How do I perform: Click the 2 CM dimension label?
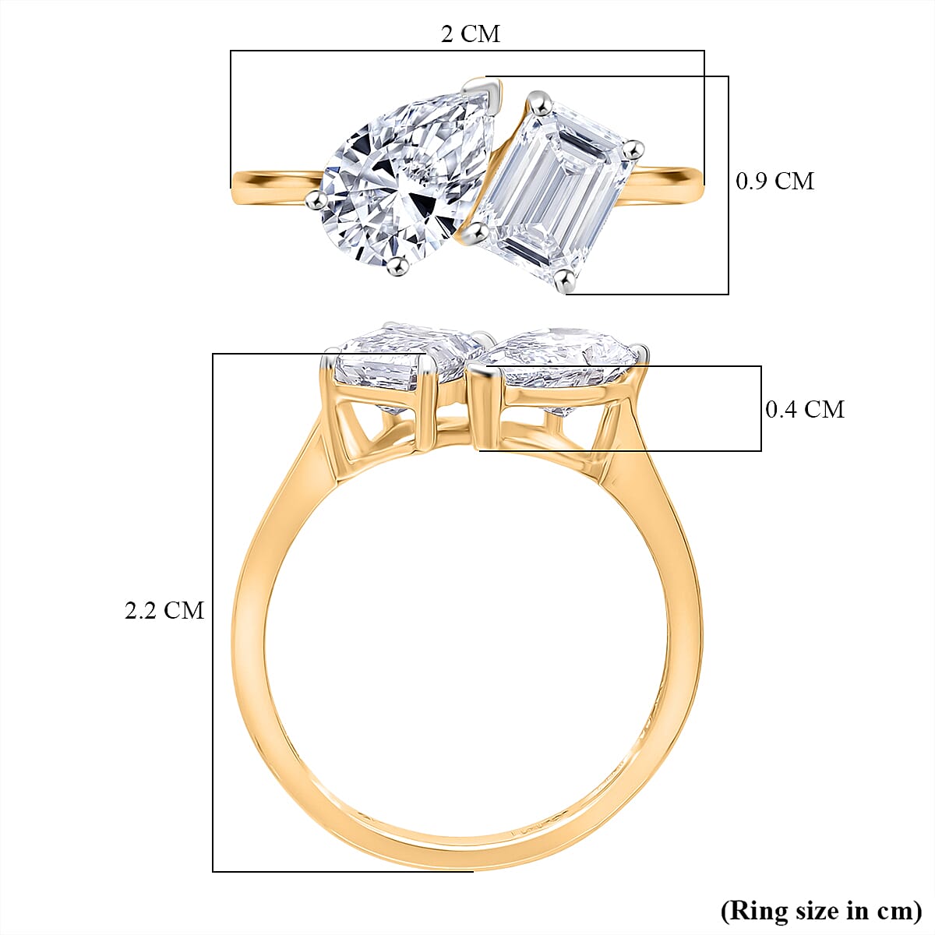pos(470,34)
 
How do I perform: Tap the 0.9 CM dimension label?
pos(774,181)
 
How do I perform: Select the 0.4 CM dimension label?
pos(804,409)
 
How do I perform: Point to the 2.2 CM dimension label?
pos(164,610)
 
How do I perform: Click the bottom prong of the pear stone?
pos(399,267)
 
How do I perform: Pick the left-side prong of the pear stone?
pos(313,201)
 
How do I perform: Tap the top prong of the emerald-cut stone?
pos(535,99)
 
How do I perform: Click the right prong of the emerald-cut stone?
pos(635,149)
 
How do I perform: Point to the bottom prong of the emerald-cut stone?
pos(566,278)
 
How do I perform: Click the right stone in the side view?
pos(561,358)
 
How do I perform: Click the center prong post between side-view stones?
pos(482,405)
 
